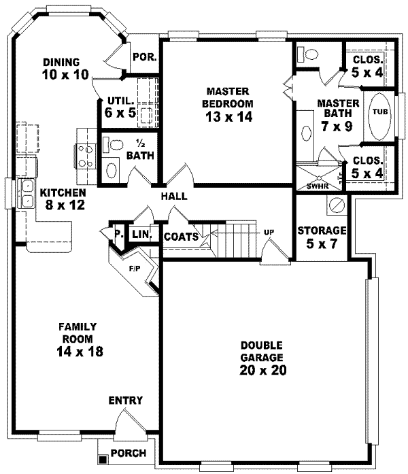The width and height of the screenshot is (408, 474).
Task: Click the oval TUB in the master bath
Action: [377, 113]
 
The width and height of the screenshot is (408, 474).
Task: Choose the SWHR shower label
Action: [318, 185]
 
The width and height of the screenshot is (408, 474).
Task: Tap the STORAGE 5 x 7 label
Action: [322, 237]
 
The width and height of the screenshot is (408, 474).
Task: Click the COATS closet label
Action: [181, 237]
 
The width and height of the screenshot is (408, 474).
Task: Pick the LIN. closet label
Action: [141, 234]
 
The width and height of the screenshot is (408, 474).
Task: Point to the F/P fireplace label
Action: [135, 267]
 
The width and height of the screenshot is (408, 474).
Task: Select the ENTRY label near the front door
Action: [125, 401]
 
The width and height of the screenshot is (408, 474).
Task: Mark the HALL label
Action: [174, 197]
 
